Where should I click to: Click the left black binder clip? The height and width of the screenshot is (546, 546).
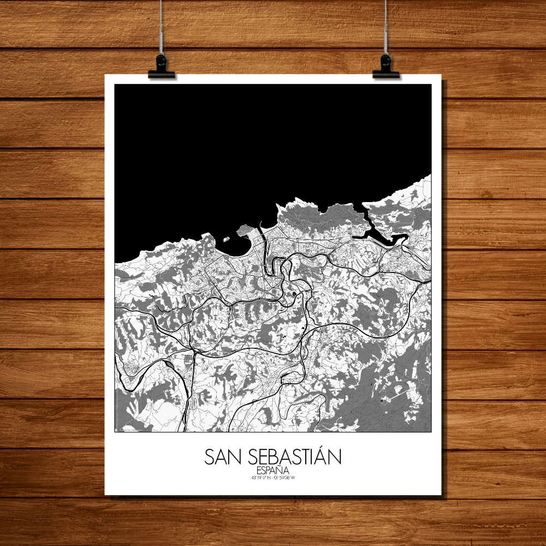click(x=161, y=66)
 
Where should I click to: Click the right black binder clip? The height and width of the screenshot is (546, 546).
click(x=386, y=66)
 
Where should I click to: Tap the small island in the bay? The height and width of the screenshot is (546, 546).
click(x=225, y=239)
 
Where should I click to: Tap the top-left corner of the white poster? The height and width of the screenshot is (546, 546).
click(x=105, y=75)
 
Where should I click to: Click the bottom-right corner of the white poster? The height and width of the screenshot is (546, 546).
click(x=441, y=495)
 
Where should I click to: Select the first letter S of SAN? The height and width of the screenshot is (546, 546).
click(x=210, y=457)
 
